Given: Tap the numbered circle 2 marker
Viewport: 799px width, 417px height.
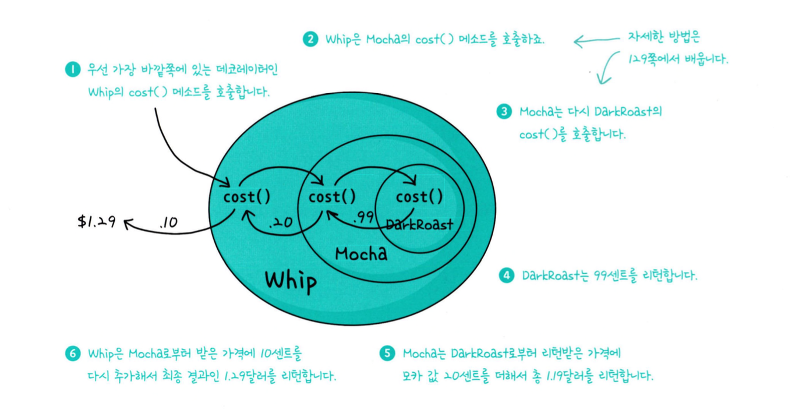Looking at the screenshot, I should [x=310, y=40].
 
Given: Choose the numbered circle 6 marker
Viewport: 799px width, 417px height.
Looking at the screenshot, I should [x=72, y=354].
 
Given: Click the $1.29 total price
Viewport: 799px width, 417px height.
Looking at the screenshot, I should [x=97, y=221].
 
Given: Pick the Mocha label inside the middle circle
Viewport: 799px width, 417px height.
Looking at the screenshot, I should [x=361, y=253].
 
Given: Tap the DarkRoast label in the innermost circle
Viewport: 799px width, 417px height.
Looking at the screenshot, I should [x=419, y=225].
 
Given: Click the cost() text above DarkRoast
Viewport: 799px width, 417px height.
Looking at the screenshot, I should [x=419, y=197].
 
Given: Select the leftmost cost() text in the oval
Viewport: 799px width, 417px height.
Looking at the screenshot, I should [x=247, y=197].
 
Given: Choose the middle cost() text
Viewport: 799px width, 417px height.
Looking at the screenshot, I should [x=332, y=197].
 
